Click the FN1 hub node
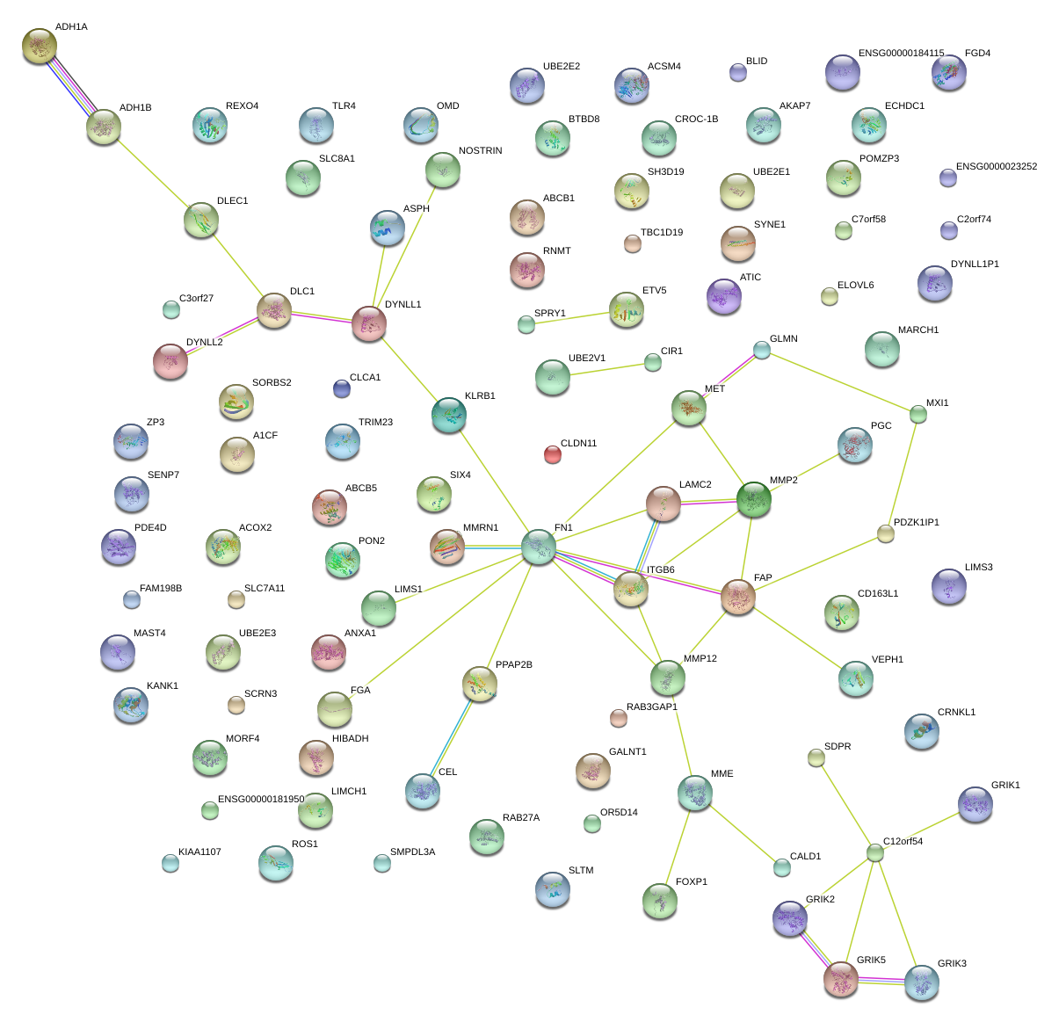[538, 546]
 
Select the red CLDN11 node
[552, 454]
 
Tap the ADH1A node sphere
[39, 46]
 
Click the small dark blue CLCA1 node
[342, 388]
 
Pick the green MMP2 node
[753, 498]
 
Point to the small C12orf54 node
[874, 852]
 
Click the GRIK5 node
[841, 978]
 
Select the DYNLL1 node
[368, 323]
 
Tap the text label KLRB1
[480, 396]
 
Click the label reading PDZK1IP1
[916, 523]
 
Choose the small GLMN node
[761, 350]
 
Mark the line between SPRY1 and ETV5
[576, 317]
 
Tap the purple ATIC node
[723, 296]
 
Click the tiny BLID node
[738, 72]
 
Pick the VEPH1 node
[855, 678]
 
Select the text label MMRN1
[480, 528]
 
